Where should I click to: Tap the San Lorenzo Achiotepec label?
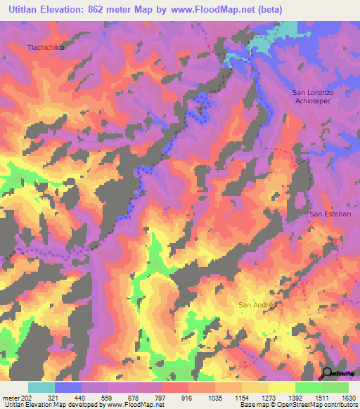(315, 96)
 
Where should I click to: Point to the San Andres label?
(259, 304)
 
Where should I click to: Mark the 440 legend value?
(102, 397)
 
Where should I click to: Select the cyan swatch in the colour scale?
(41, 387)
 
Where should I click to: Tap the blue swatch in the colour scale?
(68, 387)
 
